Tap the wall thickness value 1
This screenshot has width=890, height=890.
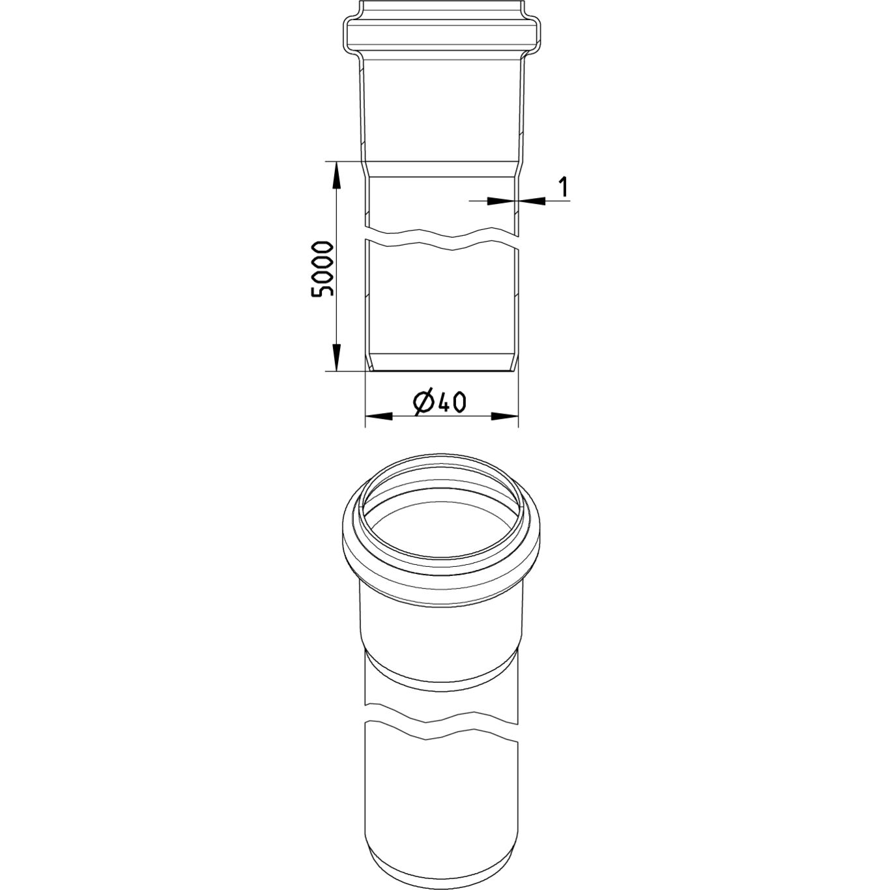tap(562, 186)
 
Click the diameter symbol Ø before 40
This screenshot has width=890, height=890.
tap(423, 403)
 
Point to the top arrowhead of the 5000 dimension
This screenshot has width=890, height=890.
tap(337, 175)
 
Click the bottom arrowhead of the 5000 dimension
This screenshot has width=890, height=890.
tap(337, 357)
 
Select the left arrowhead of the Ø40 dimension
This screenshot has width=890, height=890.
tap(379, 416)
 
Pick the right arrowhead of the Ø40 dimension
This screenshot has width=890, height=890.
tap(504, 416)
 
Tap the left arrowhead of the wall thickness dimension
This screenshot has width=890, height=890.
tap(500, 201)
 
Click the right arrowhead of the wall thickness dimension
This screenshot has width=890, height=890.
tap(532, 201)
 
